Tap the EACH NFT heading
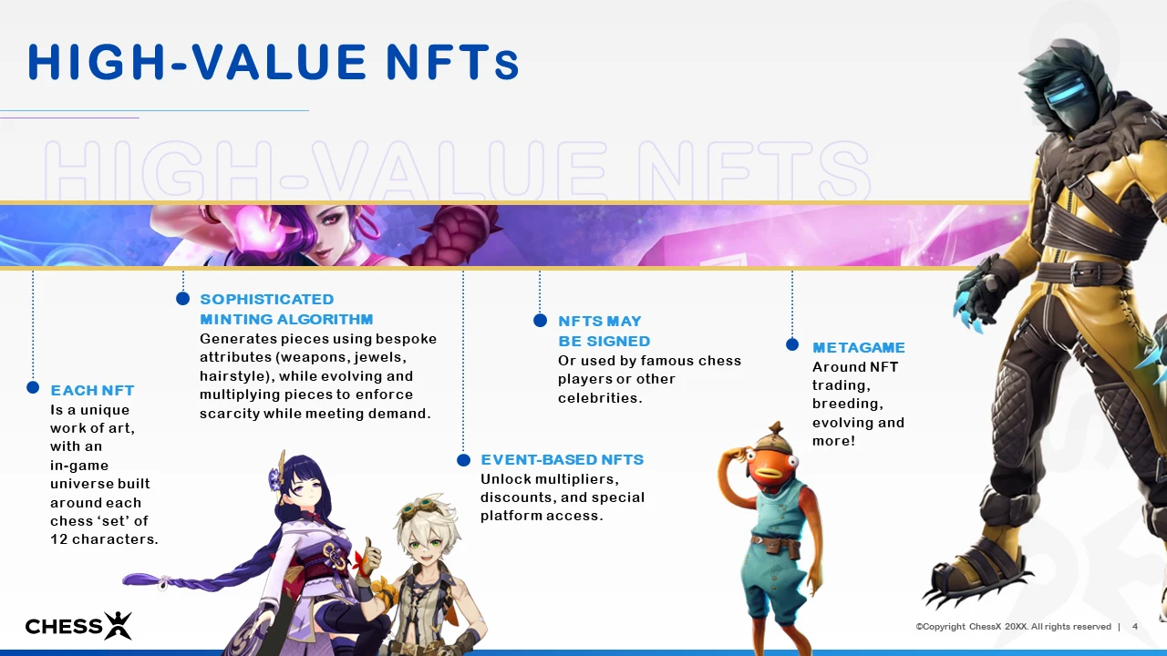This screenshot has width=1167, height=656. pyautogui.click(x=92, y=391)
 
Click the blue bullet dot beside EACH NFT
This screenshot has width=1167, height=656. pyautogui.click(x=33, y=387)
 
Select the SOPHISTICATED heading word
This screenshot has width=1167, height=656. pyautogui.click(x=267, y=300)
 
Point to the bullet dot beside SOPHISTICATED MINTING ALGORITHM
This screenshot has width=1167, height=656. pyautogui.click(x=183, y=298)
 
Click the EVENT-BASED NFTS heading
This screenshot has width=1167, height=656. pyautogui.click(x=563, y=460)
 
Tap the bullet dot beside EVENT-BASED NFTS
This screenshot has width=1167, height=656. pyautogui.click(x=464, y=460)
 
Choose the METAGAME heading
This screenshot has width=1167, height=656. pyautogui.click(x=859, y=347)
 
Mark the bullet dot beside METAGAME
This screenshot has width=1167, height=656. pyautogui.click(x=792, y=344)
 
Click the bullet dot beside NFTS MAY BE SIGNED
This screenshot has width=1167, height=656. pyautogui.click(x=541, y=320)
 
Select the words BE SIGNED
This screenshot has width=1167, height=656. pyautogui.click(x=604, y=341)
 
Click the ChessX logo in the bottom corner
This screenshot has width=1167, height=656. pyautogui.click(x=78, y=626)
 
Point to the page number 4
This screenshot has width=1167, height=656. pyautogui.click(x=1135, y=626)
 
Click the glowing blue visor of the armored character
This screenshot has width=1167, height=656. pyautogui.click(x=1066, y=97)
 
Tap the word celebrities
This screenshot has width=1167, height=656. pyautogui.click(x=600, y=398)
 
